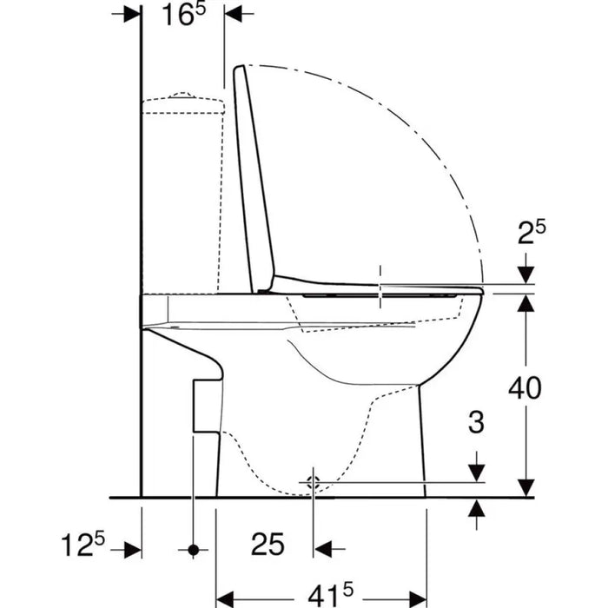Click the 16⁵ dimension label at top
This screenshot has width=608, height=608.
point(184,15)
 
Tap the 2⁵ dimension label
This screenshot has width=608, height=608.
point(532,232)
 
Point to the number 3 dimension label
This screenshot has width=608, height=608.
point(476,422)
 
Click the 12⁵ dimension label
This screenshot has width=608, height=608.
point(83,544)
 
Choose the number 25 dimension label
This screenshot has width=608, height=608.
point(268,544)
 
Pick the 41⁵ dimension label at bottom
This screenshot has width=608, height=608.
point(331,595)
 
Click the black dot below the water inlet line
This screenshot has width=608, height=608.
point(193,550)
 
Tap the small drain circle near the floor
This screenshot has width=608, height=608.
point(313,483)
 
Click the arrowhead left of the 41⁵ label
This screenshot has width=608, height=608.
point(224,599)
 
